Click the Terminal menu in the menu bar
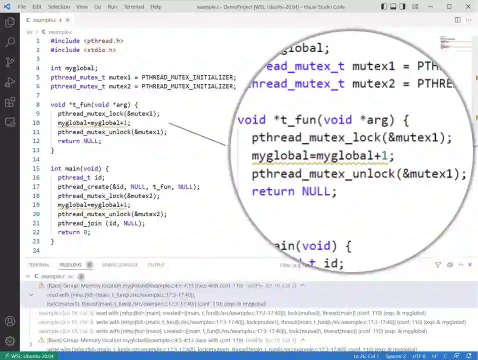pyautogui.click(x=133, y=6)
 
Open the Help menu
pyautogui.click(x=156, y=6)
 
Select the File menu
pyautogui.click(x=21, y=6)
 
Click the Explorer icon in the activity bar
pyautogui.click(x=9, y=22)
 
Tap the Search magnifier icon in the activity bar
pyautogui.click(x=9, y=42)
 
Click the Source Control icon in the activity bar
pyautogui.click(x=9, y=62)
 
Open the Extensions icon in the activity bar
pyautogui.click(x=9, y=102)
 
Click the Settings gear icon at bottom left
pyautogui.click(x=9, y=341)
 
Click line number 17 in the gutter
pyautogui.click(x=36, y=186)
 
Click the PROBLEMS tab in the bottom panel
pyautogui.click(x=70, y=265)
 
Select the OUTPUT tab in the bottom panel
pyautogui.click(x=156, y=265)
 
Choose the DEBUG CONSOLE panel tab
pyautogui.click(x=120, y=265)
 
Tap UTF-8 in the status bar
pyautogui.click(x=419, y=356)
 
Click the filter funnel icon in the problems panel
pyautogui.click(x=438, y=265)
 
